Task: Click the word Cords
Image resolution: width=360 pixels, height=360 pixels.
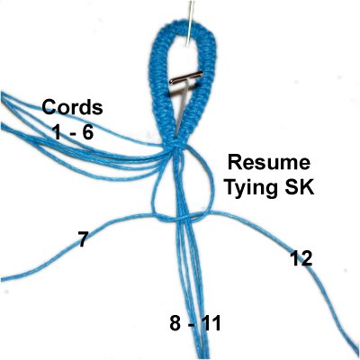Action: pyautogui.click(x=72, y=107)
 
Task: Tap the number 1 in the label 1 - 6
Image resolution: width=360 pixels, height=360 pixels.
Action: pyautogui.click(x=57, y=132)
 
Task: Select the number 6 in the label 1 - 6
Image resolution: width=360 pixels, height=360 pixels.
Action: pyautogui.click(x=86, y=132)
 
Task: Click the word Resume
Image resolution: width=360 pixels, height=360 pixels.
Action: pyautogui.click(x=268, y=163)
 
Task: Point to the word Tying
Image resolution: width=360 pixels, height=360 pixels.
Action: pyautogui.click(x=250, y=188)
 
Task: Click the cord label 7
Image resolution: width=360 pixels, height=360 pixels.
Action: pyautogui.click(x=82, y=238)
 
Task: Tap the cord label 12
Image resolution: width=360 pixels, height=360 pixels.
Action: pyautogui.click(x=301, y=258)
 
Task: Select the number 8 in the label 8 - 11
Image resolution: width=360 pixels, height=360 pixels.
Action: pyautogui.click(x=175, y=324)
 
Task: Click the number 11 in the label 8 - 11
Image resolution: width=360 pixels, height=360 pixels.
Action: pyautogui.click(x=211, y=324)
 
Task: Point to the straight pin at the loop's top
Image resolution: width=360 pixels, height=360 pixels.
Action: pyautogui.click(x=189, y=23)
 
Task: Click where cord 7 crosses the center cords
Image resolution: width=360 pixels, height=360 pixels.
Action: pyautogui.click(x=181, y=219)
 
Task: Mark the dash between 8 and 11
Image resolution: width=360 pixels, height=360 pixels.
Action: pyautogui.click(x=191, y=326)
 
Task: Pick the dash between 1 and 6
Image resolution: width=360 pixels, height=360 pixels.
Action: pyautogui.click(x=71, y=134)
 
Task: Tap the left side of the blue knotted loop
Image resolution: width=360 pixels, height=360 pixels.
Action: pyautogui.click(x=158, y=90)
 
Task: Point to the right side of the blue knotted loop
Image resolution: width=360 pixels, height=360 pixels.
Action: pyautogui.click(x=208, y=90)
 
